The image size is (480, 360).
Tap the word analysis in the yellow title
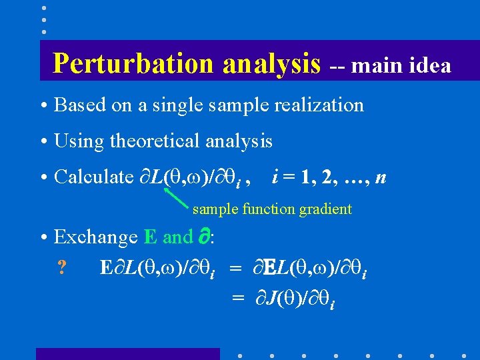coord(271,63)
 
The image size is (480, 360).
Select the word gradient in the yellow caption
coord(325,209)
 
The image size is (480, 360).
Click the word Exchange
coord(95,237)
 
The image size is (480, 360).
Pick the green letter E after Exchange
coord(150,237)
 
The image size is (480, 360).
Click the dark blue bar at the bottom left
coord(127,353)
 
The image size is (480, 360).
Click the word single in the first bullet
coord(176,105)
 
